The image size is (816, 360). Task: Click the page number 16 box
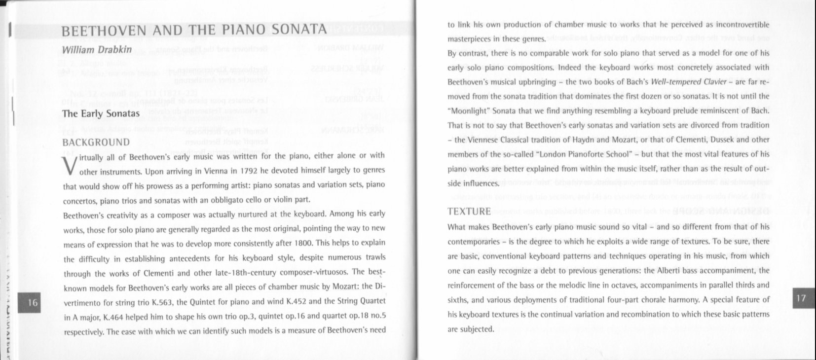33,302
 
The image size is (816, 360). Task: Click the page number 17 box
801,297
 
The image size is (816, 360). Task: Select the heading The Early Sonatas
101,114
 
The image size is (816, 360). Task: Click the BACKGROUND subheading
97,143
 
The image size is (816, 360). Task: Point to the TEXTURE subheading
469,212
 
